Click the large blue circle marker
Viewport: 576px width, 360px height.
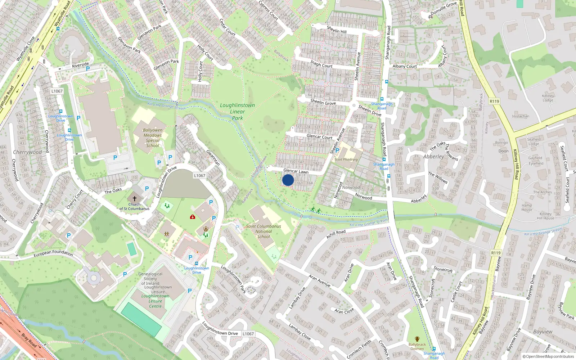[x=288, y=180]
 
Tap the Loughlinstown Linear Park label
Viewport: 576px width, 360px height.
[x=237, y=112]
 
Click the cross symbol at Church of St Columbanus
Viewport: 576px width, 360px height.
[x=135, y=198]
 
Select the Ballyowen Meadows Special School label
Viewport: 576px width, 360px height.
[x=153, y=138]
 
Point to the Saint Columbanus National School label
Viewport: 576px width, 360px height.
[x=264, y=231]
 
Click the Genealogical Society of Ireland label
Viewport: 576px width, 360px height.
[x=150, y=278]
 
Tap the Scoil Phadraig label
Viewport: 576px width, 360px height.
[x=346, y=159]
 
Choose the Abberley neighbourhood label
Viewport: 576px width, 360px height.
[x=433, y=157]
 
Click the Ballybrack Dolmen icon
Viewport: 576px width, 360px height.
[x=417, y=339]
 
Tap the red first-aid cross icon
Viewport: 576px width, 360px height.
[x=193, y=217]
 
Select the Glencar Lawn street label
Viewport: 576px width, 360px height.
[x=296, y=171]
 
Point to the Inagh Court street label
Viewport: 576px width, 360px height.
[x=321, y=64]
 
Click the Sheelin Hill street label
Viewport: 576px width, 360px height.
[x=337, y=30]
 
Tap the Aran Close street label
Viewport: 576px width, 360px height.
[x=344, y=311]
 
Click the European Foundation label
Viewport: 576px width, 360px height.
[x=53, y=253]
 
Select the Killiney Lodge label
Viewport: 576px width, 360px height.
[x=548, y=98]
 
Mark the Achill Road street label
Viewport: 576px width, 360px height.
[x=336, y=234]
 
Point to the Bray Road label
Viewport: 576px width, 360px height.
[x=29, y=341]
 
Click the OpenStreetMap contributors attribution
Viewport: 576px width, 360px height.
[x=548, y=356]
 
